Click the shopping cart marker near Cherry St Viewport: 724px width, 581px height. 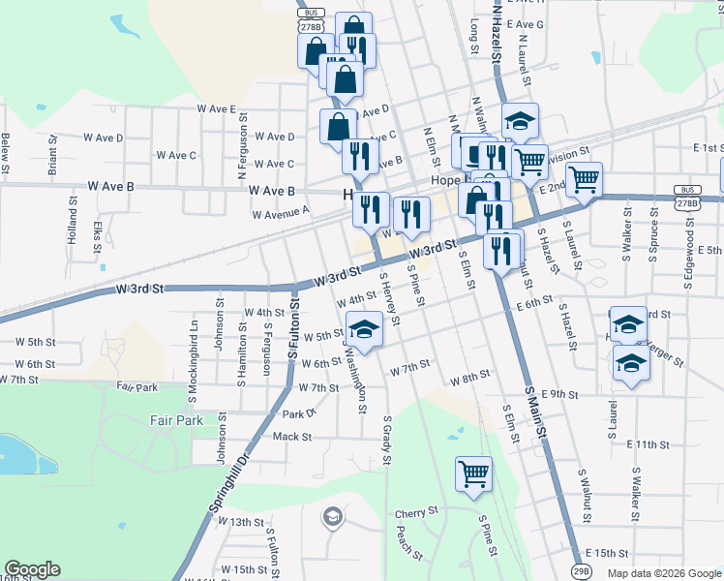(474, 474)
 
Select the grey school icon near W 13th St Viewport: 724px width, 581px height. (333, 516)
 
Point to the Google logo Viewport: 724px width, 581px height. (32, 569)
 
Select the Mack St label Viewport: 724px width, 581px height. (291, 437)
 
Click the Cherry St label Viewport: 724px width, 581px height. (416, 512)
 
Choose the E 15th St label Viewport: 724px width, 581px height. (607, 552)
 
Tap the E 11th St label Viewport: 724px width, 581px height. (648, 443)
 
